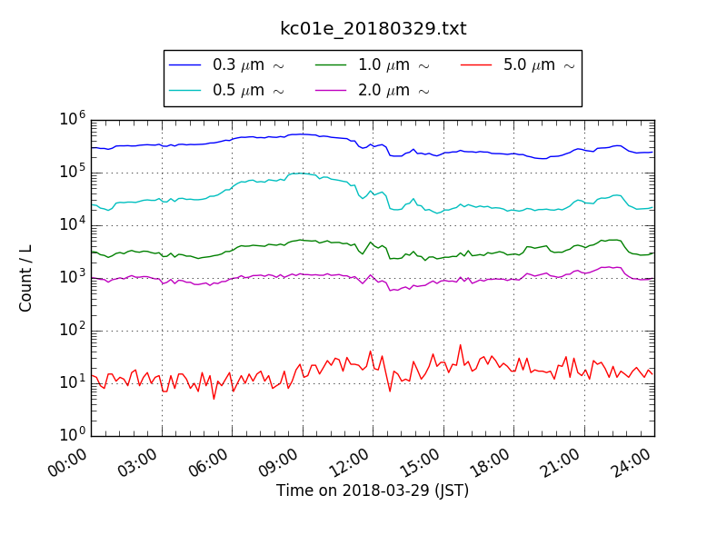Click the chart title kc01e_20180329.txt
click(373, 29)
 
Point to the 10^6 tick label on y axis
click(74, 119)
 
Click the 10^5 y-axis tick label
click(74, 172)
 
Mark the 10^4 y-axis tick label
click(74, 224)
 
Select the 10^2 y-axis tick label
click(74, 330)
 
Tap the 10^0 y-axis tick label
click(74, 435)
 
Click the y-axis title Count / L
click(26, 277)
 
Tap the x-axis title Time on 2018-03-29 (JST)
click(373, 491)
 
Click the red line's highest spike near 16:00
click(461, 345)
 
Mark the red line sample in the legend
click(476, 65)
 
